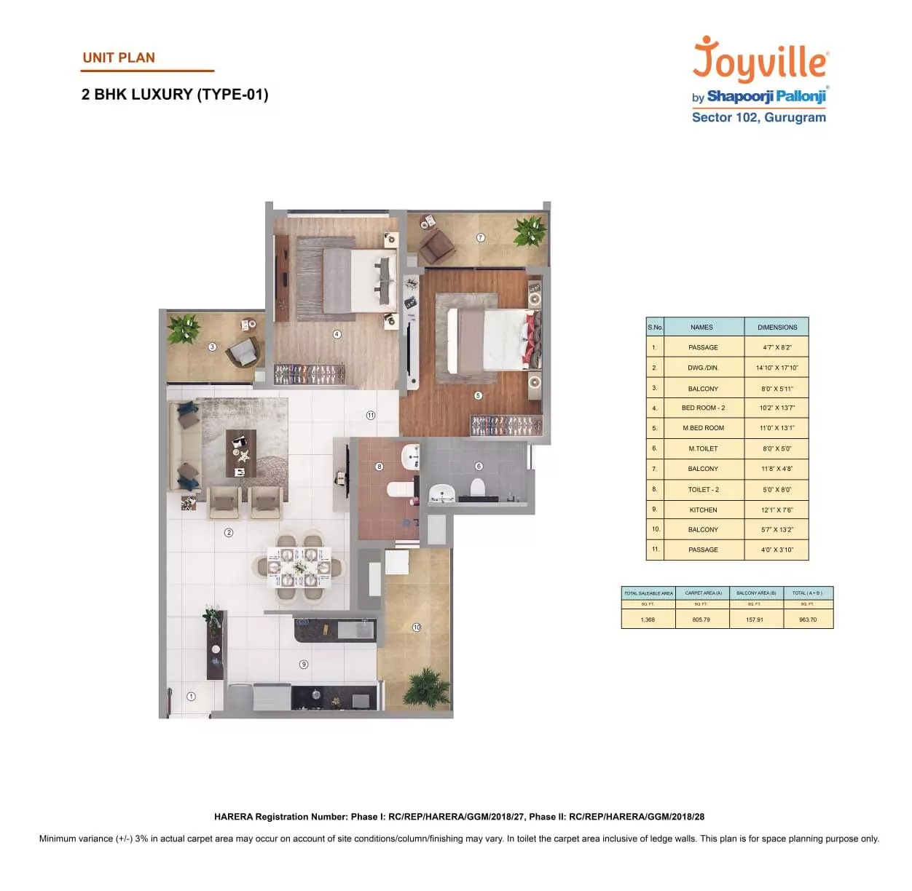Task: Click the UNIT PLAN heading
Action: point(119,58)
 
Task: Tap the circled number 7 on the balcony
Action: point(480,237)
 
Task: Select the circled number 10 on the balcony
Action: point(417,627)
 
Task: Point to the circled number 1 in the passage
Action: point(191,697)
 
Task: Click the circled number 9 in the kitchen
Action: point(304,664)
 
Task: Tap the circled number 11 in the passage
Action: point(370,415)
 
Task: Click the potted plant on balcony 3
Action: point(184,328)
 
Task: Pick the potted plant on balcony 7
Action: point(530,231)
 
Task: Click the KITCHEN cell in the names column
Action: point(703,510)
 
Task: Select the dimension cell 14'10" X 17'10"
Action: point(777,368)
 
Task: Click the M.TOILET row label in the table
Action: point(703,448)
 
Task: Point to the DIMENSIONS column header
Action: point(777,328)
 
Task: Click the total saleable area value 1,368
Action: point(648,619)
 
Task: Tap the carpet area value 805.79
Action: point(701,619)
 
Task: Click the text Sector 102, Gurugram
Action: point(758,117)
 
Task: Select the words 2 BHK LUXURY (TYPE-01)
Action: point(175,95)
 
